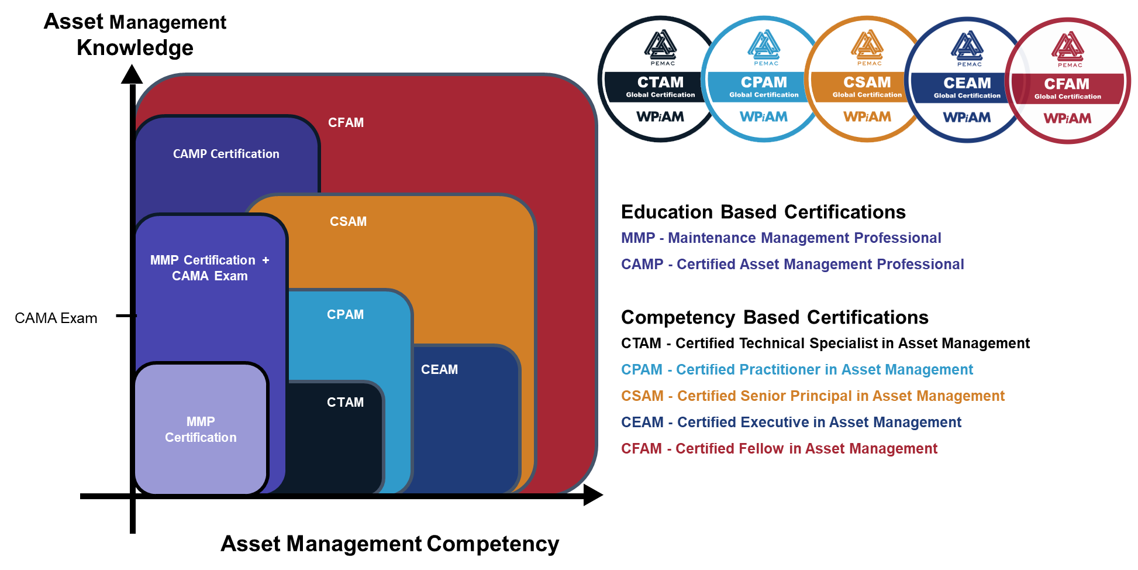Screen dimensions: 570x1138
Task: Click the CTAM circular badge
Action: tap(660, 79)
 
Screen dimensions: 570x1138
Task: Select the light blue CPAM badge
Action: tap(763, 79)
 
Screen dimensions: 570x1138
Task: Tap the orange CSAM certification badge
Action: tap(867, 79)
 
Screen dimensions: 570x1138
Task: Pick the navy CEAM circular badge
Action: tap(967, 80)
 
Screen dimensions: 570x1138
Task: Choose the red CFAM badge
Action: tap(1068, 81)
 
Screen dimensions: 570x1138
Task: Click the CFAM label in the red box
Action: tap(346, 123)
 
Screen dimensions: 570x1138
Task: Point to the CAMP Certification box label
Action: tap(226, 154)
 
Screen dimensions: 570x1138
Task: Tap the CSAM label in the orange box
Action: tap(348, 222)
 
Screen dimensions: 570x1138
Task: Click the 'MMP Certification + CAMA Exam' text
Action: tap(209, 268)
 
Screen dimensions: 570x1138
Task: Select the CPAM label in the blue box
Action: tap(345, 315)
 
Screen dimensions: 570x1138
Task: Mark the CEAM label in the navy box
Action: tap(439, 370)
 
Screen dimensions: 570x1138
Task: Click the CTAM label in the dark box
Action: tap(345, 403)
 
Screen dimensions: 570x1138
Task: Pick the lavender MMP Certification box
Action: tap(201, 430)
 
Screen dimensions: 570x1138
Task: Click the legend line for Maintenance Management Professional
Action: tap(781, 238)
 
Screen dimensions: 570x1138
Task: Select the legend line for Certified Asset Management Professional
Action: tap(792, 265)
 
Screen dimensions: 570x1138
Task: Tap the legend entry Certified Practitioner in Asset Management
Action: tap(797, 370)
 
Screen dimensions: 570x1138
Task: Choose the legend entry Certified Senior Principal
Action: tap(813, 396)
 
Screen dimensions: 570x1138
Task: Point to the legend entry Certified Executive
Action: tap(791, 423)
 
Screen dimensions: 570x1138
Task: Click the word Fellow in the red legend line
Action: tap(761, 449)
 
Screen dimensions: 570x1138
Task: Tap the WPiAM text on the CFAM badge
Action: tap(1067, 119)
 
